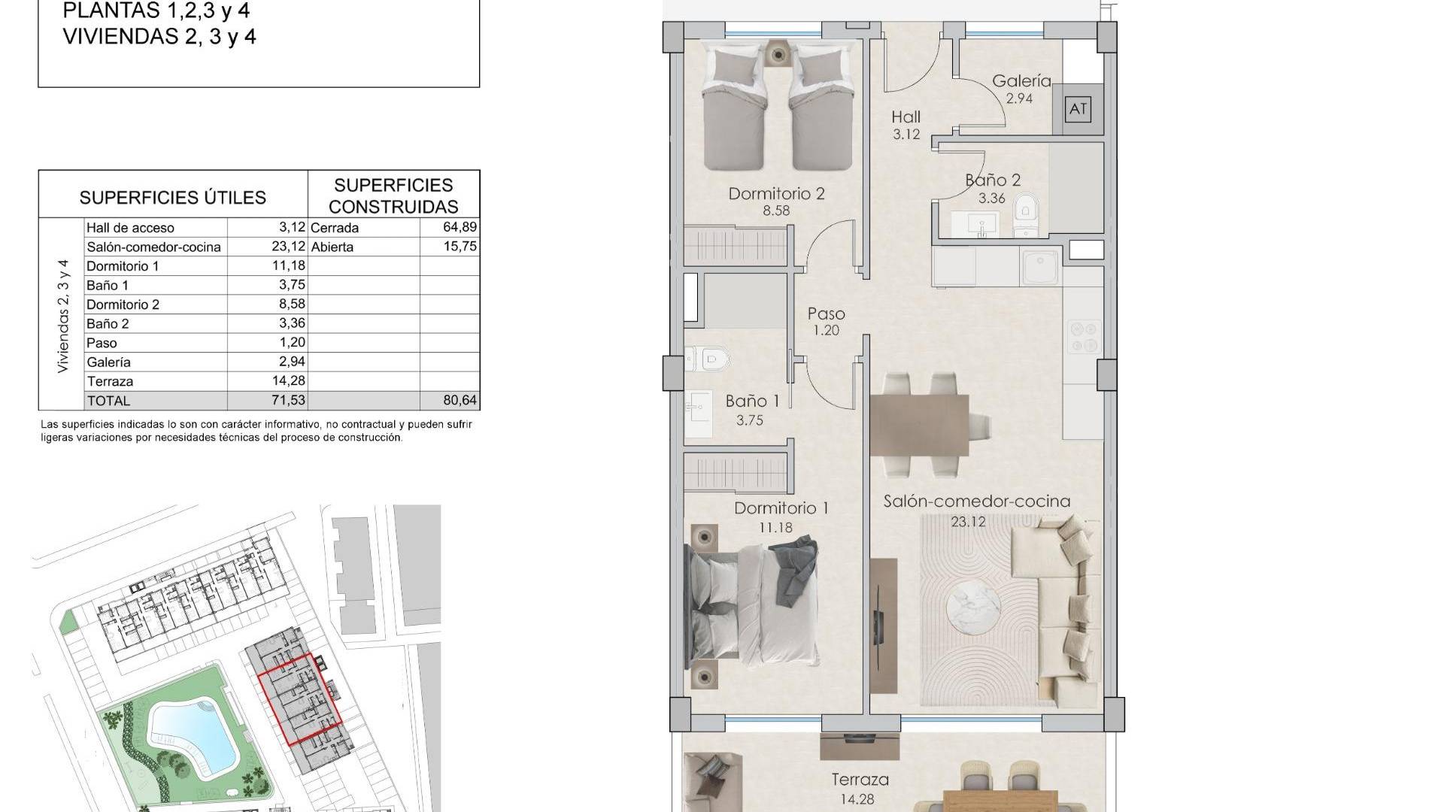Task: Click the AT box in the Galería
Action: click(x=1078, y=110)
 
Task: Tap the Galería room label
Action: click(x=1021, y=80)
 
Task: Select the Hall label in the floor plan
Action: click(x=906, y=117)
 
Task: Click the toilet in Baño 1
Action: click(x=708, y=359)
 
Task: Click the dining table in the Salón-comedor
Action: click(x=919, y=426)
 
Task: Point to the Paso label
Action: click(x=826, y=314)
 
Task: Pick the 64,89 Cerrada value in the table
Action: click(x=460, y=227)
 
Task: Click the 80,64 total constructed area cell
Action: click(x=460, y=400)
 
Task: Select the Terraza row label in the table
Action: click(x=110, y=381)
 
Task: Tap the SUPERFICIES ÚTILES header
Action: click(x=173, y=198)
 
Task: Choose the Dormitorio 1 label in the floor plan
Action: click(x=781, y=508)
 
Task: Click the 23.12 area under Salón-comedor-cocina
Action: click(x=968, y=520)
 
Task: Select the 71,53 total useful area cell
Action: click(x=289, y=400)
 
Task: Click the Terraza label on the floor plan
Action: click(x=860, y=780)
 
